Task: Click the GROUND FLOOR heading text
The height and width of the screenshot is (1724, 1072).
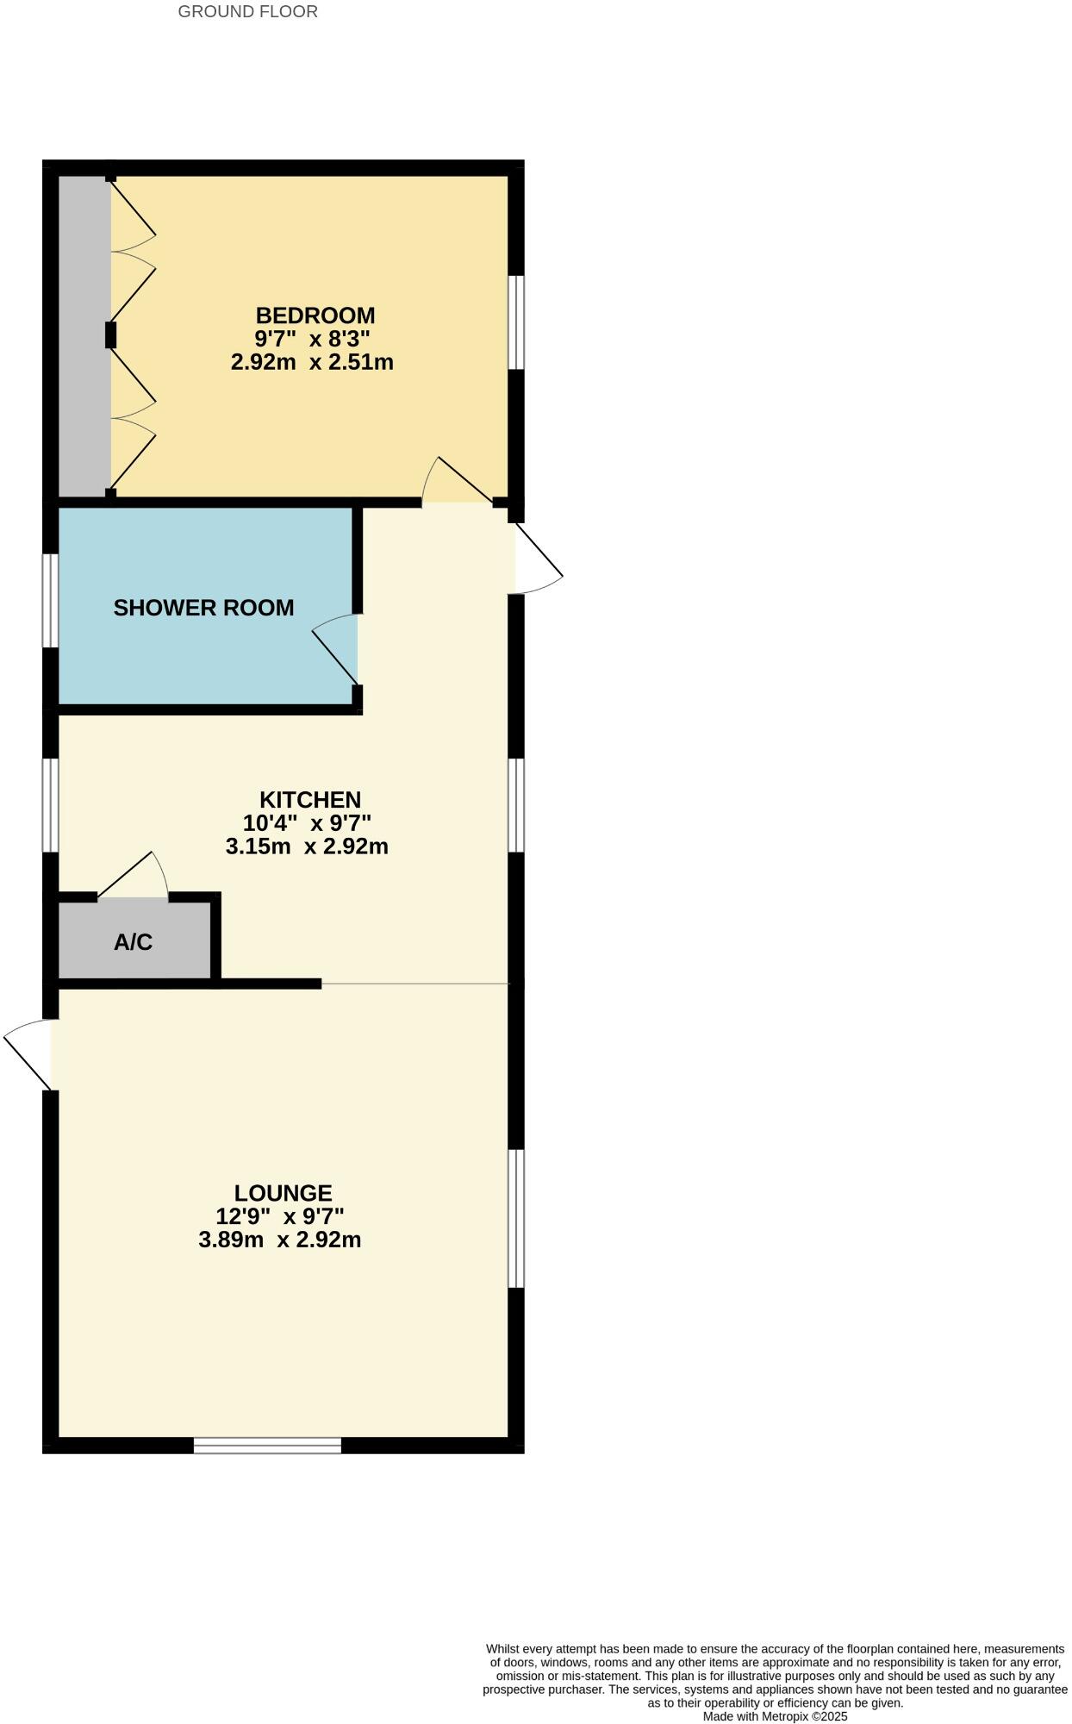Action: tap(247, 12)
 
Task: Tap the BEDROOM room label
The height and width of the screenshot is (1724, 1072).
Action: tap(315, 315)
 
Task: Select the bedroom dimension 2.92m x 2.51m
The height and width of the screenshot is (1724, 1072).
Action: tap(312, 362)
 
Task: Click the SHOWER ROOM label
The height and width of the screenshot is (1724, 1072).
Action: tap(203, 608)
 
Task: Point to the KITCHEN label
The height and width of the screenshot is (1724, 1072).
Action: tap(309, 799)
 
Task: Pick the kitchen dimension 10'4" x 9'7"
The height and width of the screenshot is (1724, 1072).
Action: tap(307, 823)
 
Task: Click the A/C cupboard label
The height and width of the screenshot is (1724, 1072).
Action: tap(133, 942)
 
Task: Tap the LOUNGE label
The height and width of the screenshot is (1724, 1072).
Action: tap(283, 1193)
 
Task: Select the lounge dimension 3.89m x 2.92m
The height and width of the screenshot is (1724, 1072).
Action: tap(279, 1240)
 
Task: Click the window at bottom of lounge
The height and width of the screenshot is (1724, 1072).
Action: tap(267, 1446)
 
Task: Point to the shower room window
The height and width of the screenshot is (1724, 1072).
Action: tap(51, 600)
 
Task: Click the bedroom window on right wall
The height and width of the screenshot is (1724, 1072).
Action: tap(515, 322)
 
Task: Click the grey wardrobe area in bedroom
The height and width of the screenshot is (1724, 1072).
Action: tap(84, 336)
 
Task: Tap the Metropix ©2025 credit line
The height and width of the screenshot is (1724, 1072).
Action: tap(775, 1716)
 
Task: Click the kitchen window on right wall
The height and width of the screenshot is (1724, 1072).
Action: tap(515, 805)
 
